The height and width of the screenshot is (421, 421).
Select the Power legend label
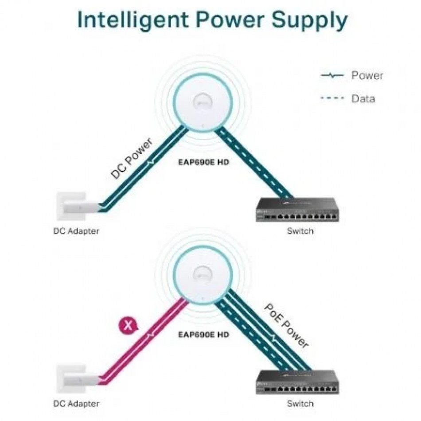pos(367,75)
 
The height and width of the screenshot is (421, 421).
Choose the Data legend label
pos(363,98)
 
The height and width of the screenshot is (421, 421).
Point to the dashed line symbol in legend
pos(332,98)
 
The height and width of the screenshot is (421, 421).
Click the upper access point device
pos(203,103)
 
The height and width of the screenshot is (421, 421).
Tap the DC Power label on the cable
pos(131,158)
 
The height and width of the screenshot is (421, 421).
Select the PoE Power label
pos(286,326)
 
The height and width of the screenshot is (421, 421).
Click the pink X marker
pos(128,326)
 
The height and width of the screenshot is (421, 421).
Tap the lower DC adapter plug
pos(78,379)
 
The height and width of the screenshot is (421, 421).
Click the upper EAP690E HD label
pos(203,162)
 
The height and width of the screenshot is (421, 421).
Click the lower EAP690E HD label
pos(203,335)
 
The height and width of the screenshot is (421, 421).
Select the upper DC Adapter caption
pos(76,231)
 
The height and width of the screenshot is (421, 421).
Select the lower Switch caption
pos(300,404)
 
